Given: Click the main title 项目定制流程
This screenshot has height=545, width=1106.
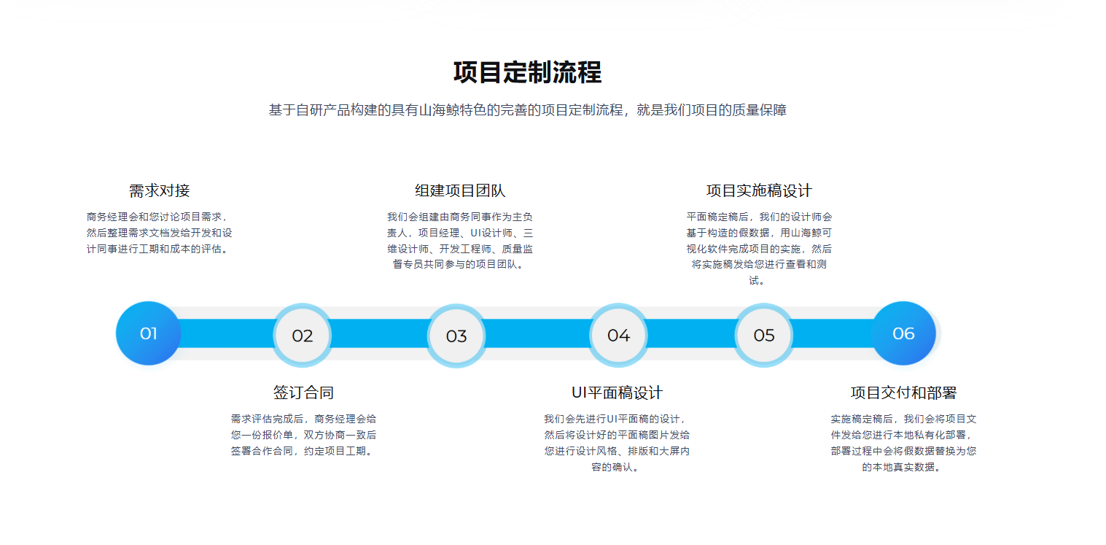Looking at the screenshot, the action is tap(527, 73).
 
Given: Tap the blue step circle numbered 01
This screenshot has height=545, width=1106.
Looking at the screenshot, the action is tap(148, 333).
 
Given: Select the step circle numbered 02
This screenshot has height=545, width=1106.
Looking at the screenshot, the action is tap(302, 336).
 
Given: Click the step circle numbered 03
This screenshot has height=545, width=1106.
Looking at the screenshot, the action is tap(456, 336).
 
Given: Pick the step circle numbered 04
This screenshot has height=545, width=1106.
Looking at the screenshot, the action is tap(618, 336).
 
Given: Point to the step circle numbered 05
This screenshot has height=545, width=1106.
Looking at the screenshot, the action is tap(764, 336).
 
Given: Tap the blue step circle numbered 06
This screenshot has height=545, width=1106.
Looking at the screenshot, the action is tap(903, 333).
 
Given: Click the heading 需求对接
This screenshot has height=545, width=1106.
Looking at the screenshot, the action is tap(159, 190).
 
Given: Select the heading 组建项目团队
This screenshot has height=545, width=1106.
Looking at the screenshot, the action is tap(460, 190).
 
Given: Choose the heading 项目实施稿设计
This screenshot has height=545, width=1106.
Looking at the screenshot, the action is tap(759, 190).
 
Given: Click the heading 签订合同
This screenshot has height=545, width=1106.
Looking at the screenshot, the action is tap(303, 393).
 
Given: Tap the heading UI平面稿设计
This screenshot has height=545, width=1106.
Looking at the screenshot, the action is tap(617, 393).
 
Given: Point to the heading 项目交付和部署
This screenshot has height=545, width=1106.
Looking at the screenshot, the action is tap(903, 393).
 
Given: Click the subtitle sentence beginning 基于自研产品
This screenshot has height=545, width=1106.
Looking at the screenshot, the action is tap(527, 110).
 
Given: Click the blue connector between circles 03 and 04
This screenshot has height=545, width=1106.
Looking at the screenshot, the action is tap(537, 333).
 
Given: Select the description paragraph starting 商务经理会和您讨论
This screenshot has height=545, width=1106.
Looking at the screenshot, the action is tap(159, 233).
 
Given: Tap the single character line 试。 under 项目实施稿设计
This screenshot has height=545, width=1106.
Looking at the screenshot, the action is tap(757, 281).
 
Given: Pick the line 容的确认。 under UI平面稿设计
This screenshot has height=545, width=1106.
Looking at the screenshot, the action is tap(615, 467).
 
